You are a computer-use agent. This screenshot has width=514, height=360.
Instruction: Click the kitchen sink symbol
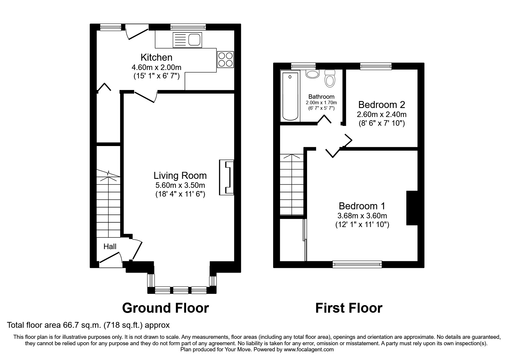coord(187,40)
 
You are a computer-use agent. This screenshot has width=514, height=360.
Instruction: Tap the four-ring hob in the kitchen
coord(225,59)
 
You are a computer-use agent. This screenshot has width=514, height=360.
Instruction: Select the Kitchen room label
coord(156,57)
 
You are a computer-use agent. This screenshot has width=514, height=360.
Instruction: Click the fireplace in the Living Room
coord(227,177)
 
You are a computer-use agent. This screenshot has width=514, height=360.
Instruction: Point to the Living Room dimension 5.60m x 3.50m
coord(180,185)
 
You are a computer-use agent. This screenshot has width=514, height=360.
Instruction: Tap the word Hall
coord(110,246)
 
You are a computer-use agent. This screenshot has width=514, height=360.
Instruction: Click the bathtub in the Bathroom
coord(291,96)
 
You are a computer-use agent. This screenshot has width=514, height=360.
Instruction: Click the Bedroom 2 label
coord(382,105)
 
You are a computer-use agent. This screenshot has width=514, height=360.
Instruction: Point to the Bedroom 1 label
coord(362,206)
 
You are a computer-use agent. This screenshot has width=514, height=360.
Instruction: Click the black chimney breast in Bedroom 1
coord(412,208)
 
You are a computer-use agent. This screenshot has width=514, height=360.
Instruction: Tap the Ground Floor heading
coord(165,308)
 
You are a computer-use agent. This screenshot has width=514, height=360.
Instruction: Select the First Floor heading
coord(349,308)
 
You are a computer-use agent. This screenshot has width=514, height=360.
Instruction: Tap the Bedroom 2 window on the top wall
coord(376,66)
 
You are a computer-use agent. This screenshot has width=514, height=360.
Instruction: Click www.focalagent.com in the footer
coord(309,350)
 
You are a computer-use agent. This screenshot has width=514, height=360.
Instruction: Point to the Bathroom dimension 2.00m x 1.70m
coord(321,103)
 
